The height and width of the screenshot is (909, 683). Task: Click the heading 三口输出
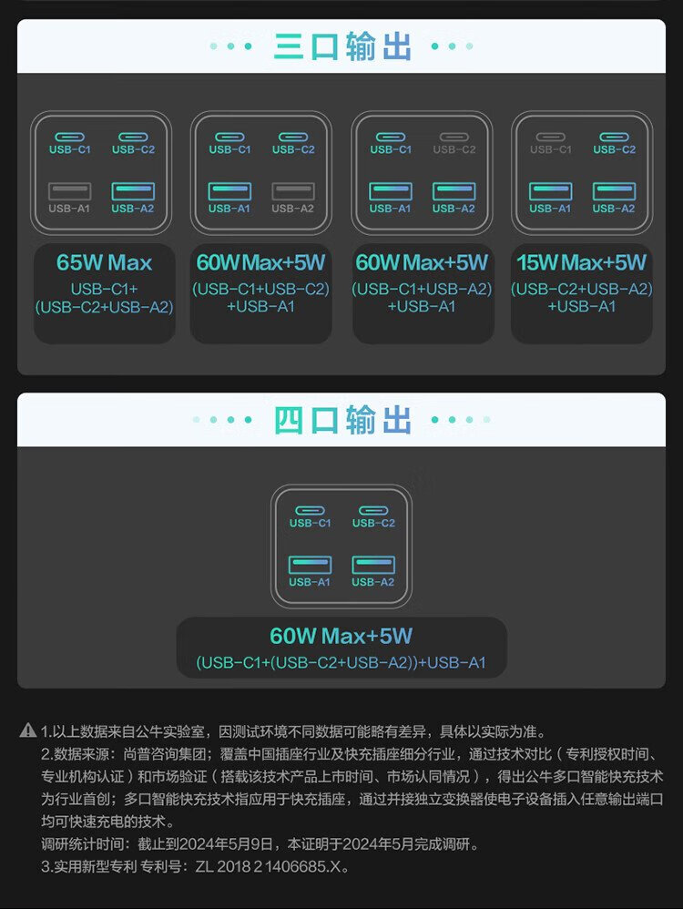tap(341, 46)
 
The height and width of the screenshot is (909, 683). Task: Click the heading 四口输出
tap(341, 420)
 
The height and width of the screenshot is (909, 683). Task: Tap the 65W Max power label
tap(104, 263)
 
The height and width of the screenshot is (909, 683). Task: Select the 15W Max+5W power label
tap(581, 263)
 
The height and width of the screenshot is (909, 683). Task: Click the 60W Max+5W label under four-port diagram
tap(341, 636)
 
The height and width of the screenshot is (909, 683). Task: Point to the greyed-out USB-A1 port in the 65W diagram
tap(69, 191)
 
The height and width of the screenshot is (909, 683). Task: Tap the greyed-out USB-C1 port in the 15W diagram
tap(550, 137)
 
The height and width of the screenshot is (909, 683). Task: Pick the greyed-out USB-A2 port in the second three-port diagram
tap(293, 191)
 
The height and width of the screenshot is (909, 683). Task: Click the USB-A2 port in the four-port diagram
tap(373, 565)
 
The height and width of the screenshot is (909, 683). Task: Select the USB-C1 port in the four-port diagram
tap(310, 511)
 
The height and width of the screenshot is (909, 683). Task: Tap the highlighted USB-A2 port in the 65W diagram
tap(133, 191)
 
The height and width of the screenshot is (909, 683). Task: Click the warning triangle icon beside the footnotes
tap(27, 730)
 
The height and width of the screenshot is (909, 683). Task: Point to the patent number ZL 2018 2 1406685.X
tap(271, 866)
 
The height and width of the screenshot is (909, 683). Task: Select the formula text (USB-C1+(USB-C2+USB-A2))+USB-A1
tap(341, 663)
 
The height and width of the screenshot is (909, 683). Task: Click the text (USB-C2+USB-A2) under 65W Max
tap(104, 307)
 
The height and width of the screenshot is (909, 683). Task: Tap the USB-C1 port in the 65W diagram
tap(69, 137)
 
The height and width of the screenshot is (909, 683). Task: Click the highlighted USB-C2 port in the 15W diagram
tap(614, 137)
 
